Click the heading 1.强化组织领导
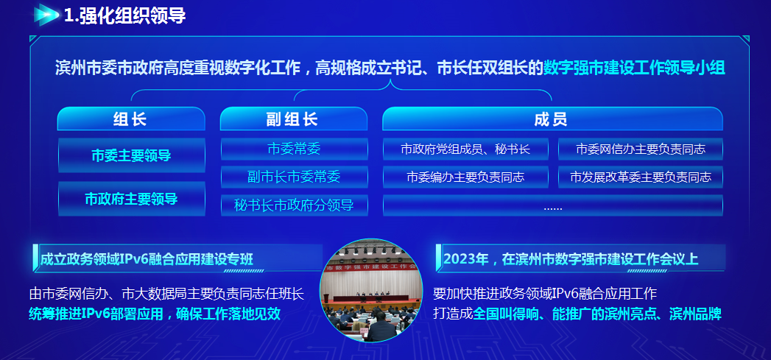[x=125, y=15]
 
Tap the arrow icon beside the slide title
[x=46, y=15]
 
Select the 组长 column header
[x=131, y=119]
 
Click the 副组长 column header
[x=294, y=119]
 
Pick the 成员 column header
[x=552, y=119]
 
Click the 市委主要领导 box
[x=131, y=155]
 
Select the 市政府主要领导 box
[x=131, y=199]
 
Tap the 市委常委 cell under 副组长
[x=294, y=149]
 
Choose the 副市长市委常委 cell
[x=294, y=177]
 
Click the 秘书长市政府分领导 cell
[x=294, y=205]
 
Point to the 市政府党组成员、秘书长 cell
[x=465, y=149]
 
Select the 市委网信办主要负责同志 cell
[x=641, y=149]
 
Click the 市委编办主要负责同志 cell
[x=465, y=177]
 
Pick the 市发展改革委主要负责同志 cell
[x=641, y=177]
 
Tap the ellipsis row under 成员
[x=553, y=205]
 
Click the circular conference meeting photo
[x=370, y=290]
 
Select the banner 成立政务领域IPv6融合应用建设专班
[x=147, y=259]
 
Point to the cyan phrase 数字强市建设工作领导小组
[x=634, y=68]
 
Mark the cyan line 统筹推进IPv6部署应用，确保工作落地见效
[x=155, y=314]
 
